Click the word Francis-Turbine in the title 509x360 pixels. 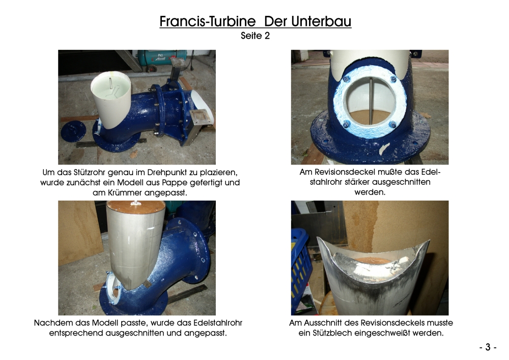click(208, 21)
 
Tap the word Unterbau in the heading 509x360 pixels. click(321, 21)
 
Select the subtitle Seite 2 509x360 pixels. click(255, 36)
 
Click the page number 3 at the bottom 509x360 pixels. click(488, 347)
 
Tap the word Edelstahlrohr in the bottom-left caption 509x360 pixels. click(218, 323)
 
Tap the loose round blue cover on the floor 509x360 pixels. click(73, 131)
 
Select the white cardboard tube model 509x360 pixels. click(111, 98)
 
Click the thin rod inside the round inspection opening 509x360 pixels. click(371, 101)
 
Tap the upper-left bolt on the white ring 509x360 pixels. click(346, 79)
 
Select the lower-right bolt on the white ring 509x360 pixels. click(393, 125)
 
